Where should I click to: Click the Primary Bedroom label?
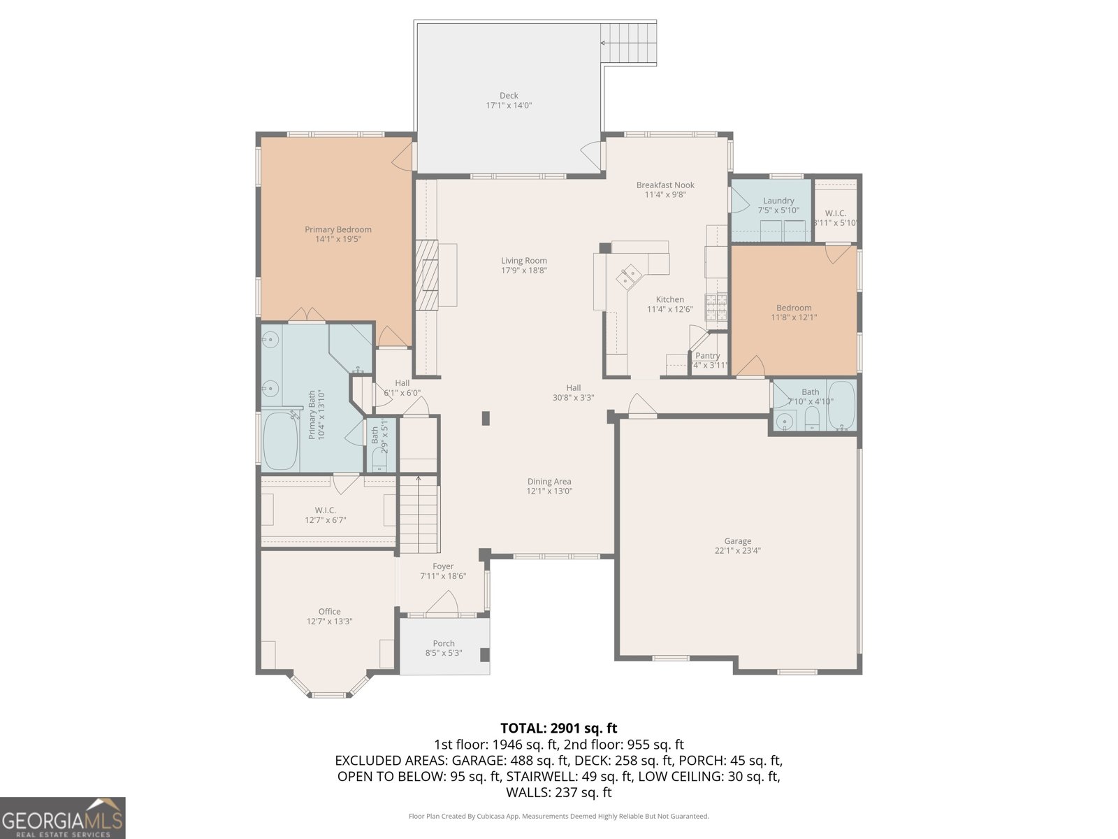(337, 229)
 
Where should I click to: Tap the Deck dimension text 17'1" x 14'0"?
(509, 106)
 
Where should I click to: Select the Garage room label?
(737, 541)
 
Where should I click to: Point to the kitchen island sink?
(628, 275)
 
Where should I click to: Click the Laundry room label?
(778, 201)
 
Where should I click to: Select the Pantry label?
(707, 356)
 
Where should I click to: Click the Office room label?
(329, 611)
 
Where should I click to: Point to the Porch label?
(443, 643)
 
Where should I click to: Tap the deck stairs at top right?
(629, 43)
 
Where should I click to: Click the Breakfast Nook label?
(665, 185)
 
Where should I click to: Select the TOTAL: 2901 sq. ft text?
(558, 729)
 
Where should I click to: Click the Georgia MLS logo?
(62, 817)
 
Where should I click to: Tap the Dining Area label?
(549, 481)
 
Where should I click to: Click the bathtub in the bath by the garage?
(841, 406)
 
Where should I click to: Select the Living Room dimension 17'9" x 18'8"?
(523, 271)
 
